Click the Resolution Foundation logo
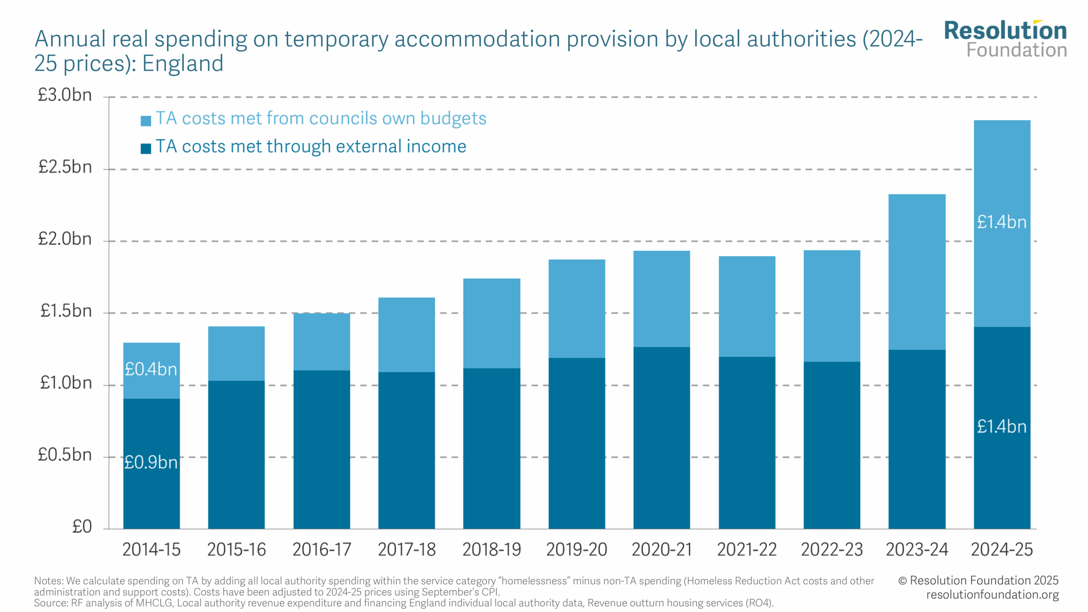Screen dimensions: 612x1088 [x=1005, y=39]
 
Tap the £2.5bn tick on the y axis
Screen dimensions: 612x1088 [x=65, y=167]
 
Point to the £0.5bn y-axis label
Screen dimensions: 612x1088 [x=65, y=455]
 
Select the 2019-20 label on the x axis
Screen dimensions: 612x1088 [x=576, y=550]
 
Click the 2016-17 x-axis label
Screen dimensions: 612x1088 [x=322, y=550]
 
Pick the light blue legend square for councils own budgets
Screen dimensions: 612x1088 [x=146, y=121]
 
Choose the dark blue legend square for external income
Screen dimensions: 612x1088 [x=146, y=148]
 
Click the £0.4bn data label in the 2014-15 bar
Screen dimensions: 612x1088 [x=151, y=369]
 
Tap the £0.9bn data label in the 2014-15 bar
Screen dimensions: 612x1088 [x=151, y=462]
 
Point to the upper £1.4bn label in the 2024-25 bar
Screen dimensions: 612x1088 [x=1001, y=222]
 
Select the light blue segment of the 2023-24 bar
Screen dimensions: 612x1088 [x=917, y=272]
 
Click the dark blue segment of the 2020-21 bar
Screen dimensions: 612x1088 [x=661, y=438]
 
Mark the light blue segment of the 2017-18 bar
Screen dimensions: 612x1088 [x=406, y=335]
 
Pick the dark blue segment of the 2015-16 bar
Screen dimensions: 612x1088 [x=236, y=455]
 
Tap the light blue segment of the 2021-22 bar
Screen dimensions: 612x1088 [x=747, y=306]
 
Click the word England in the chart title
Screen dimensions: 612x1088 [x=183, y=64]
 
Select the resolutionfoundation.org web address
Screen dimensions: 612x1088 [x=992, y=595]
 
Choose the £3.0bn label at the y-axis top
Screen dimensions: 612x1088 [x=65, y=95]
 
